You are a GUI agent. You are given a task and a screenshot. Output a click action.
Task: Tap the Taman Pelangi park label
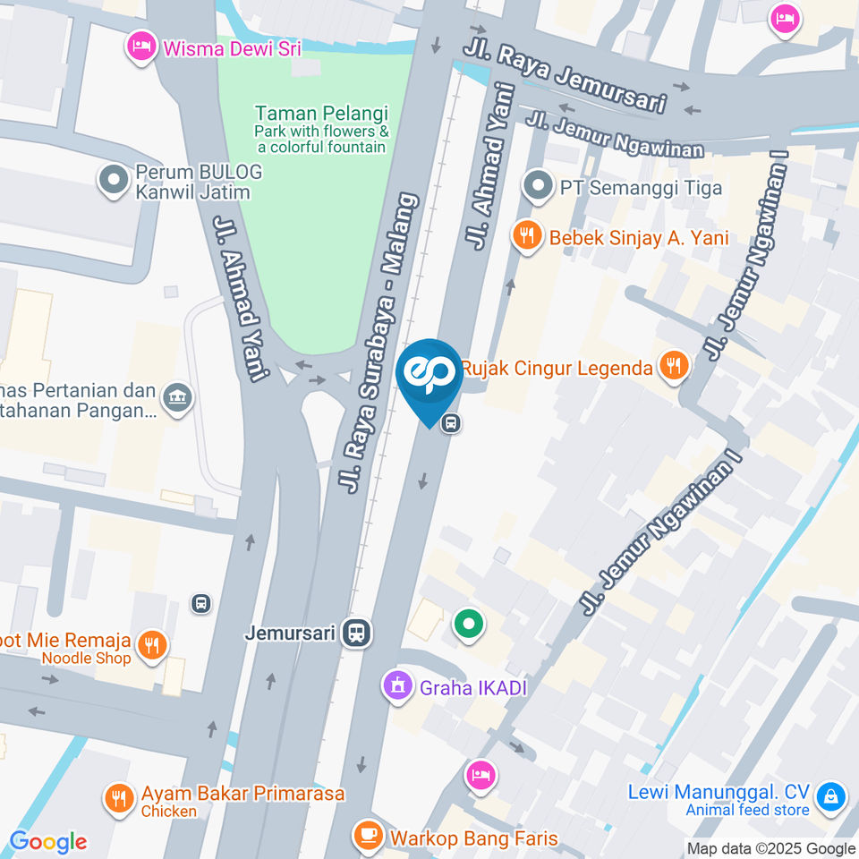pos(321,114)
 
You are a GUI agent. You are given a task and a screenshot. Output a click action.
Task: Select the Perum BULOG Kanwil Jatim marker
pos(114,181)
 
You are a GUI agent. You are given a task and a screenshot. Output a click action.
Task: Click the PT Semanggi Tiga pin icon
pos(538,188)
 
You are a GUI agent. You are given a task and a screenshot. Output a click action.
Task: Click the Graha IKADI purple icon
pos(396,687)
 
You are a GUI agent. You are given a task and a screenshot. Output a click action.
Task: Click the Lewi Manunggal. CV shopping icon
pos(831,796)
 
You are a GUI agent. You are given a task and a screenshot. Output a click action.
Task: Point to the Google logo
pos(48,841)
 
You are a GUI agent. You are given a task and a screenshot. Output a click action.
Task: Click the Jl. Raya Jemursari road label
pos(566,74)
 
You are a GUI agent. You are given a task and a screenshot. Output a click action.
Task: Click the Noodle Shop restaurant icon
pos(153,646)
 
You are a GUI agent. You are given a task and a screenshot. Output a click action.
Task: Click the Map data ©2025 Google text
pos(770,848)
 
